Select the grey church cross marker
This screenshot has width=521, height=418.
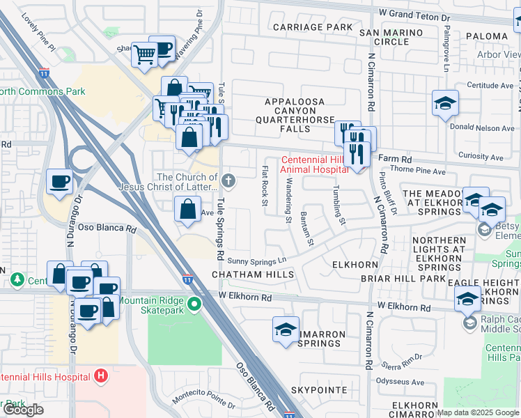click(228, 182)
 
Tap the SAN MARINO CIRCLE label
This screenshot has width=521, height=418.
click(391, 37)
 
